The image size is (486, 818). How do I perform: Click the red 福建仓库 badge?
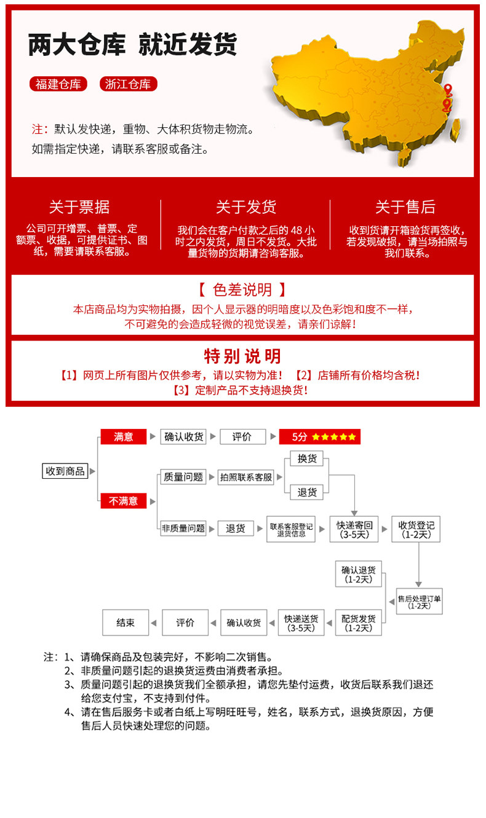pos(58,84)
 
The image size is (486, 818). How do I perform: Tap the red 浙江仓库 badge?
pos(128,84)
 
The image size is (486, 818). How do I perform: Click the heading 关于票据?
pos(79,207)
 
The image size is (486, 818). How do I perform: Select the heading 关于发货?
pos(245,207)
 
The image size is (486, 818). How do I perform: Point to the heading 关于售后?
pos(405,207)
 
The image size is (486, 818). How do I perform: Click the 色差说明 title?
pos(242,289)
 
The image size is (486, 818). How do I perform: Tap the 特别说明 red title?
pos(242,356)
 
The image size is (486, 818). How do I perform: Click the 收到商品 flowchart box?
pos(65,471)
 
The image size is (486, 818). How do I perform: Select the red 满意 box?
pos(123,436)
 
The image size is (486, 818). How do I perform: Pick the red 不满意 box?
pos(123,501)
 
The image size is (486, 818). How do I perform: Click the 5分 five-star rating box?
pos(319,437)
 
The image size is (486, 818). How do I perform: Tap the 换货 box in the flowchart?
pos(307,459)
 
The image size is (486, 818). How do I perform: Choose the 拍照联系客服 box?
pos(246,477)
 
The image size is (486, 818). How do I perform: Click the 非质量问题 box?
pos(183,528)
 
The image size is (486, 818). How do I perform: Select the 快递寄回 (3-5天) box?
pos(354,529)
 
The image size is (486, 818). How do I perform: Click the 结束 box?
pos(125,623)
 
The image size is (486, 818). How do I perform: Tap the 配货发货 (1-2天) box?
pos(358,623)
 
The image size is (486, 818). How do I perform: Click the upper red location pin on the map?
pos(448,90)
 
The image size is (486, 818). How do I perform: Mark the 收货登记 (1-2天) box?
pos(416,529)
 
